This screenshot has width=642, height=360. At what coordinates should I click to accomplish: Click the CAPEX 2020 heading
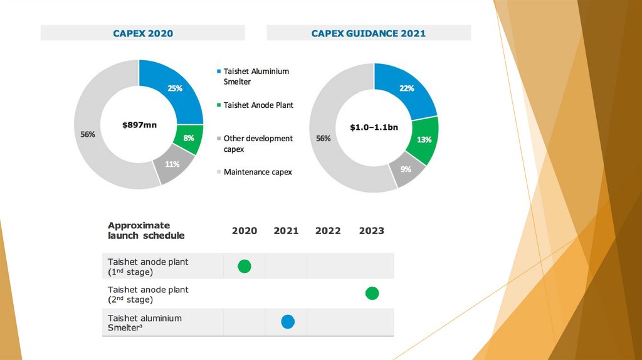[x=142, y=33]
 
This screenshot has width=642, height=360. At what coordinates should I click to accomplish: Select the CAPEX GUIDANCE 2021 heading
[x=369, y=33]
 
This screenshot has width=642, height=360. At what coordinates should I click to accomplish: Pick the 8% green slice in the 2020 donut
[x=189, y=138]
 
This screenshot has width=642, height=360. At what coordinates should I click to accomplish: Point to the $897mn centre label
[x=139, y=125]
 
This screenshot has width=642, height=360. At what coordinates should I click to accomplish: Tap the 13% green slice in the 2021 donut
[x=424, y=139]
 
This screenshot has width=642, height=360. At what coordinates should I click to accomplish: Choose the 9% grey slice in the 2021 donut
[x=406, y=169]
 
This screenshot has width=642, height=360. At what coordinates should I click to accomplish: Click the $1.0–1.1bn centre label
[x=374, y=127]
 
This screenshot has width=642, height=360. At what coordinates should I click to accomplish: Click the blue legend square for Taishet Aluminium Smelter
[x=218, y=71]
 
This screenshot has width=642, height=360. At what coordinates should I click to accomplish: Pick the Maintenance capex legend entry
[x=258, y=172]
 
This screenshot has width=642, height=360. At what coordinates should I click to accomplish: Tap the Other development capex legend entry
[x=258, y=144]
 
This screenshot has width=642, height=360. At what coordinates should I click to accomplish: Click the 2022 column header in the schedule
[x=328, y=231]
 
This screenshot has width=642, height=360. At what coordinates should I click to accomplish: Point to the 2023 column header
[x=371, y=231]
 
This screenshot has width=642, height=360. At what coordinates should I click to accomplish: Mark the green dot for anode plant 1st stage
[x=245, y=266]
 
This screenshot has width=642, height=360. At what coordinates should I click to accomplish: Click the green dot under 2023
[x=372, y=293]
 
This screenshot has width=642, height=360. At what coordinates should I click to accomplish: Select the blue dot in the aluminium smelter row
[x=287, y=322]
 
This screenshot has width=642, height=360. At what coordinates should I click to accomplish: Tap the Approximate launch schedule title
[x=146, y=230]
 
